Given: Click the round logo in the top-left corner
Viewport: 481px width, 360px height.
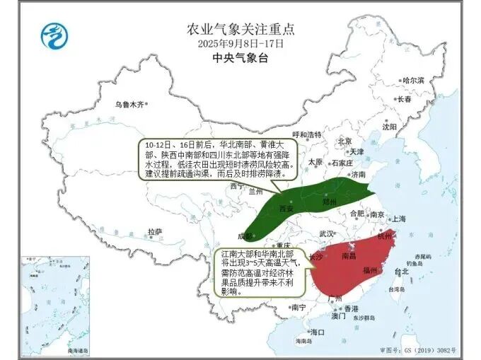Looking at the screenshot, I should (x=52, y=35).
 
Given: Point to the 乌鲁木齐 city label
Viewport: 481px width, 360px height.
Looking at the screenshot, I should (x=129, y=104).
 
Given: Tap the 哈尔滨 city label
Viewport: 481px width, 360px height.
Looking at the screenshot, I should (x=412, y=81).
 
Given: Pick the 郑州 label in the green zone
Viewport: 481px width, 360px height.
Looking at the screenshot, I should (x=330, y=202).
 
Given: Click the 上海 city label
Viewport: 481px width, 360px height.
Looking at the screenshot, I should (x=400, y=219).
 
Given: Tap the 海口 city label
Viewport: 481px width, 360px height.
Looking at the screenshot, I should (x=318, y=332).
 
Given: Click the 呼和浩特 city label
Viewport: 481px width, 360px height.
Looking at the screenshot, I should (x=307, y=134).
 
